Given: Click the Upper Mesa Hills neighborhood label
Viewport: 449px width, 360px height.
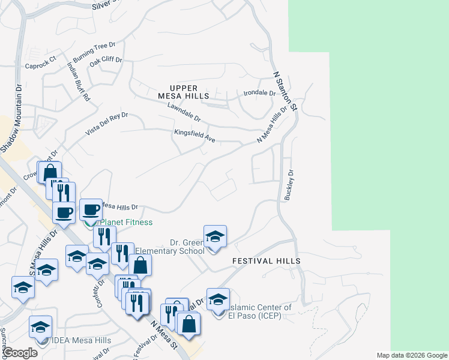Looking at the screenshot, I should pyautogui.click(x=184, y=92).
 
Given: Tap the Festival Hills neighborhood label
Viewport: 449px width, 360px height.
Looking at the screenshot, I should pyautogui.click(x=266, y=262).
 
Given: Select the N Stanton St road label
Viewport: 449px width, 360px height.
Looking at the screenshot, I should pyautogui.click(x=286, y=92).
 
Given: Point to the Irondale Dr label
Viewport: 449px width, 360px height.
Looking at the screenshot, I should pyautogui.click(x=259, y=94).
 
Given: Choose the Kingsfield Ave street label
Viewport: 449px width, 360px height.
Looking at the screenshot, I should pyautogui.click(x=194, y=136).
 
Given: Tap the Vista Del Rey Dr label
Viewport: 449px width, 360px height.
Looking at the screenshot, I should pyautogui.click(x=107, y=123).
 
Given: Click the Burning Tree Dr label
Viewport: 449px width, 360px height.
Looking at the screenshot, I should pyautogui.click(x=94, y=53).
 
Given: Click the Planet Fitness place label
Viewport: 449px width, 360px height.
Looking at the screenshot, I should pyautogui.click(x=125, y=223).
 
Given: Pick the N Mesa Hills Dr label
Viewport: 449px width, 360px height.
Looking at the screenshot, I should pyautogui.click(x=272, y=125).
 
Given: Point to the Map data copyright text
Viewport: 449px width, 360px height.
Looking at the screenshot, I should pyautogui.click(x=411, y=355).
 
